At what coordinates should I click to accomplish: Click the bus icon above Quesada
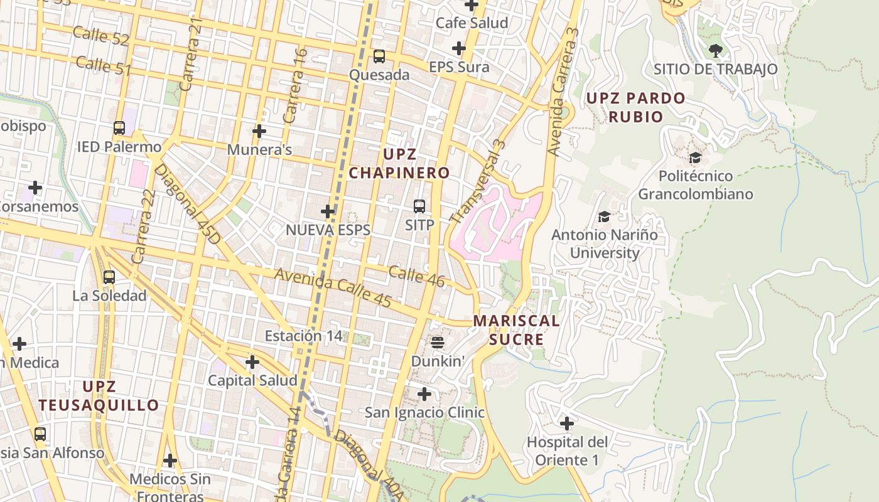[379, 56]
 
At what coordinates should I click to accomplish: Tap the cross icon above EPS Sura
[459, 48]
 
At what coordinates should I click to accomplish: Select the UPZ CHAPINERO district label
[399, 163]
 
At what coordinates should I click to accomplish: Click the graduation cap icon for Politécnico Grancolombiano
[695, 158]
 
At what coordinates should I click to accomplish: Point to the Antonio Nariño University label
[604, 244]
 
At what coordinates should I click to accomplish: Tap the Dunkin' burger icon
[438, 342]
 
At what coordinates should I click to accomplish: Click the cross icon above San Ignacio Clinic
[424, 394]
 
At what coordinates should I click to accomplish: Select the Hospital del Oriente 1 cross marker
[566, 424]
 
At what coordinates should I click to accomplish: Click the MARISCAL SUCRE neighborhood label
[516, 330]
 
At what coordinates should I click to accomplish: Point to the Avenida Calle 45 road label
[333, 288]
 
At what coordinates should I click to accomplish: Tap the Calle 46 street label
[416, 276]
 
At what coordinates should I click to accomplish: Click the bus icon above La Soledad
[109, 277]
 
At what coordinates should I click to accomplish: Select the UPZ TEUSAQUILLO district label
[99, 395]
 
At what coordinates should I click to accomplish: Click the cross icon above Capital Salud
[252, 362]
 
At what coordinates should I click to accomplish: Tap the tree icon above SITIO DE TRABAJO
[715, 50]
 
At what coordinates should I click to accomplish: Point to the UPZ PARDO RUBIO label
[635, 107]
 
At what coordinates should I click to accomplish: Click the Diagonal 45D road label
[186, 204]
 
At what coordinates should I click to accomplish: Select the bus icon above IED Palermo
[119, 128]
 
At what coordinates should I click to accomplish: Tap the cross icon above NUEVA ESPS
[328, 211]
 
